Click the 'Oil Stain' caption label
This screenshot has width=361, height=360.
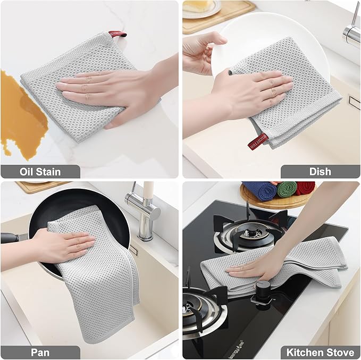tap(40, 171)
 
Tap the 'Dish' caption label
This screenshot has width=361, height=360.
tap(320, 171)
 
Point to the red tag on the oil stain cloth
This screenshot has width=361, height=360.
tap(118, 35)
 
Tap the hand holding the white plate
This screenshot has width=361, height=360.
tap(202, 48)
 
